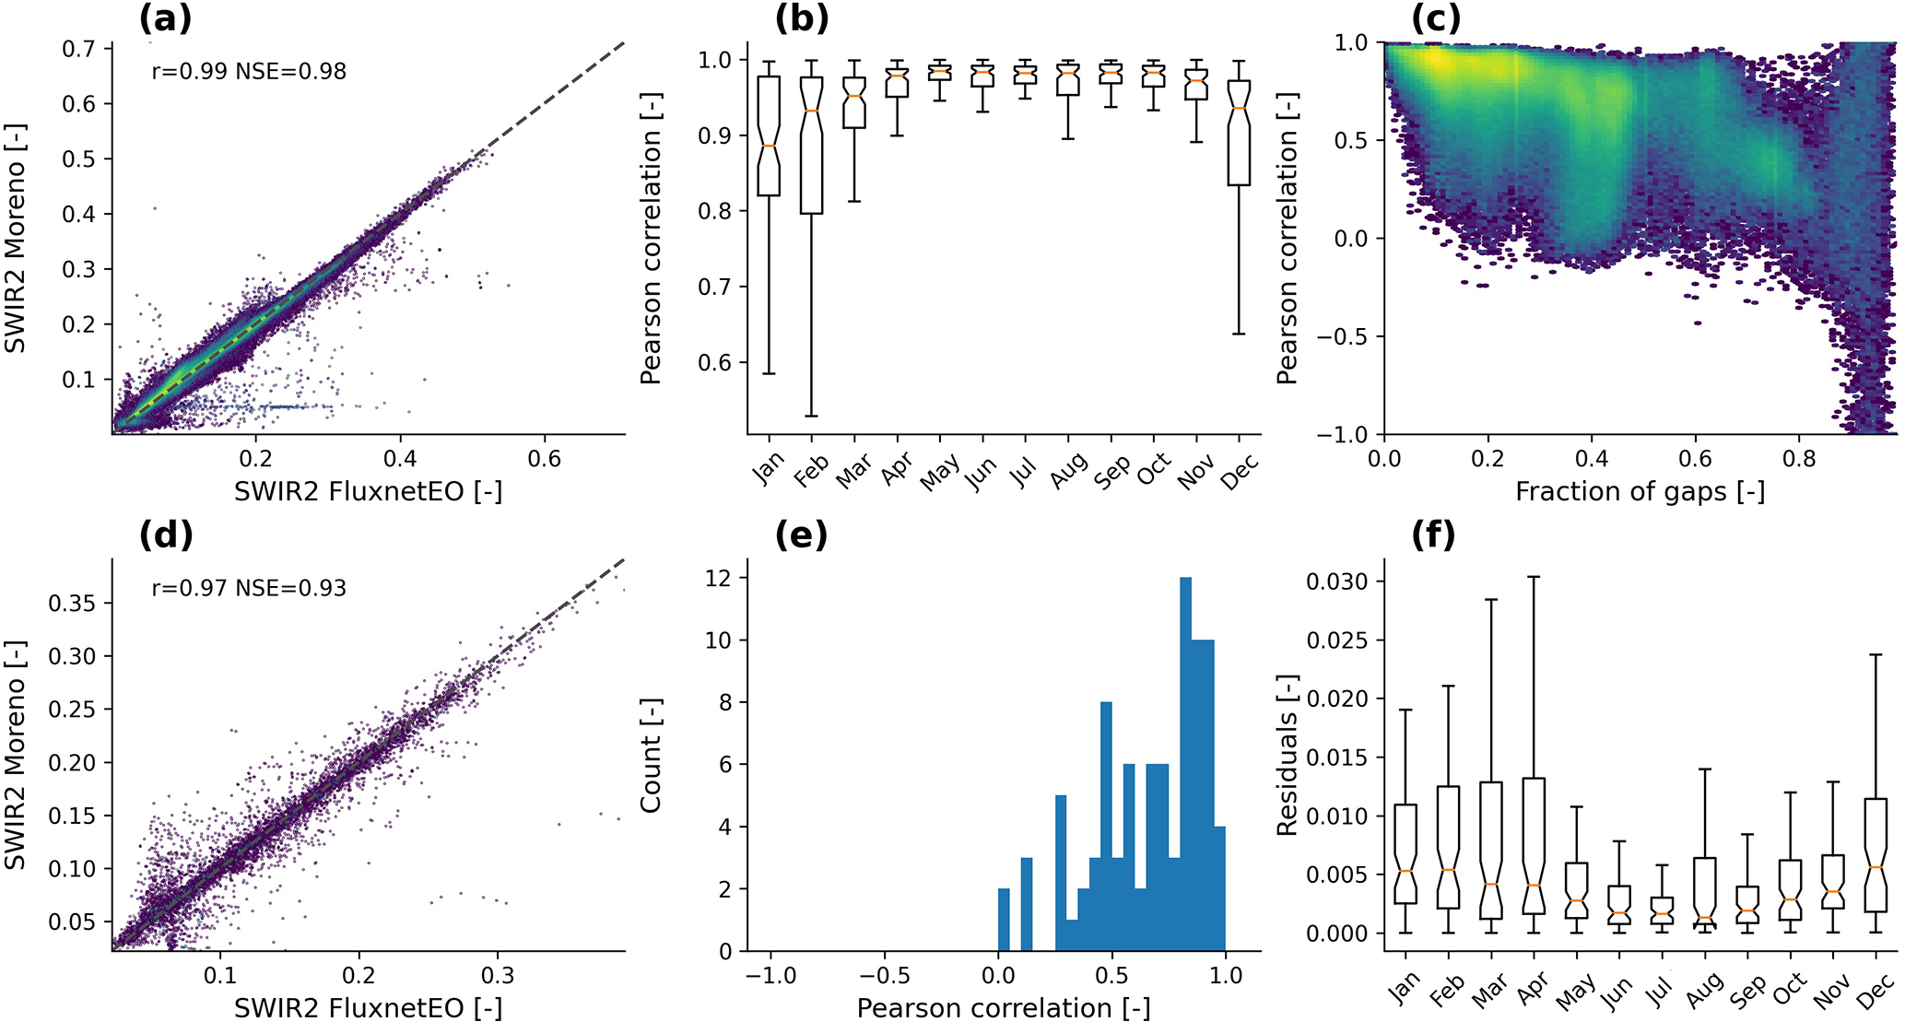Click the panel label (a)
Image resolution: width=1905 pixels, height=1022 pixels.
(166, 18)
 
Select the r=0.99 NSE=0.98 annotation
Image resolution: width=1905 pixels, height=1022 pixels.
(249, 71)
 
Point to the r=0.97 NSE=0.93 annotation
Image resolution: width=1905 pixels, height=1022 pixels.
(249, 588)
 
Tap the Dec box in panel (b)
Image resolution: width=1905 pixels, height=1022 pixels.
(1240, 133)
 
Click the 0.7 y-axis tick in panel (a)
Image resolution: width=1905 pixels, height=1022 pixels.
(79, 48)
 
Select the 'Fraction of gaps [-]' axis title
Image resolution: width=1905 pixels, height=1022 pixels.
(1640, 491)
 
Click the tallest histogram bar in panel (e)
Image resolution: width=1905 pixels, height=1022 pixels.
(1186, 765)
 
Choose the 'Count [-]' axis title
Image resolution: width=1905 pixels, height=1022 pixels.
(652, 755)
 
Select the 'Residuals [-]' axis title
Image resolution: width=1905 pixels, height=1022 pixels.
(1288, 755)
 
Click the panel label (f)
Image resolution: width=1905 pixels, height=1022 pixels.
(1433, 534)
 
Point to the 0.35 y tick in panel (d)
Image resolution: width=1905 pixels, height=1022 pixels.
(72, 603)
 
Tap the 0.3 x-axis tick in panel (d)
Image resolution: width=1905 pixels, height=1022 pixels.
(498, 976)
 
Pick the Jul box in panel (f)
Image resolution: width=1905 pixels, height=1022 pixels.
(1662, 910)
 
